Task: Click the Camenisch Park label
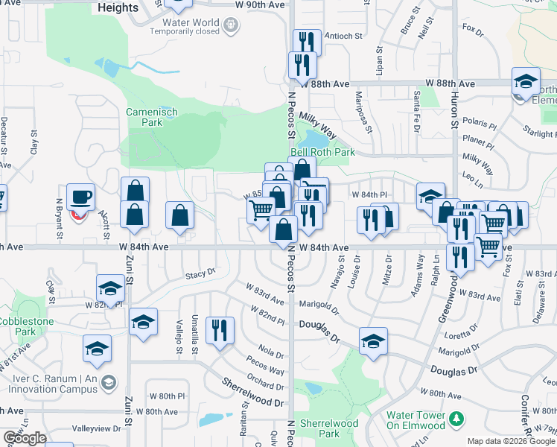tap(151, 116)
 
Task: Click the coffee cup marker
tap(80, 197)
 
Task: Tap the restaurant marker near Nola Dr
tap(220, 330)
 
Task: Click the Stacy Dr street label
tap(200, 275)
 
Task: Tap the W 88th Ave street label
tap(450, 84)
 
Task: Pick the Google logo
tap(25, 438)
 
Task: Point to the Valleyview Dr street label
tap(95, 428)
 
